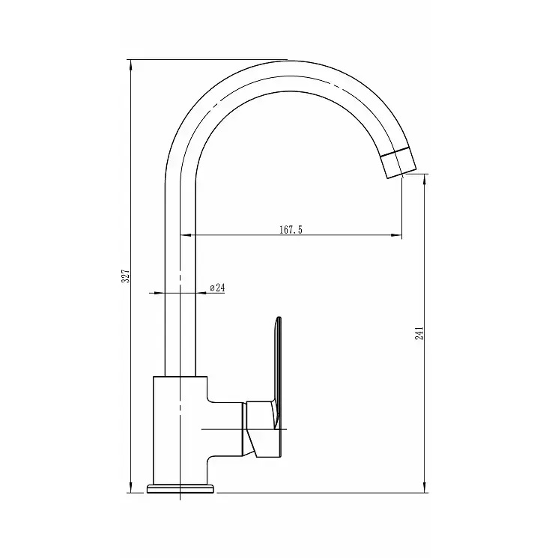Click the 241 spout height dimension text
pos(419,333)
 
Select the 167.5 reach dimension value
pos(291,229)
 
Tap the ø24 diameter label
pos(217,288)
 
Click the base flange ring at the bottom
pos(181,488)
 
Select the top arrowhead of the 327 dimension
pos(130,66)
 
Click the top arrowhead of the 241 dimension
pos(424,180)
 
